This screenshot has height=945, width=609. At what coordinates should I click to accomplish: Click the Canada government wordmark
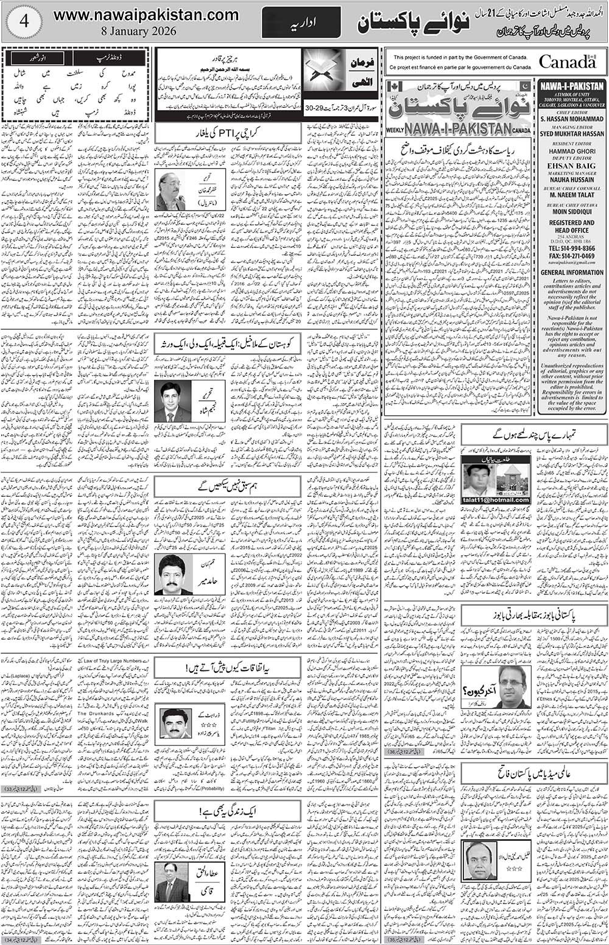click(566, 61)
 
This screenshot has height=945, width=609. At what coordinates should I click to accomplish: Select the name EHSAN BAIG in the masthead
click(572, 163)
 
